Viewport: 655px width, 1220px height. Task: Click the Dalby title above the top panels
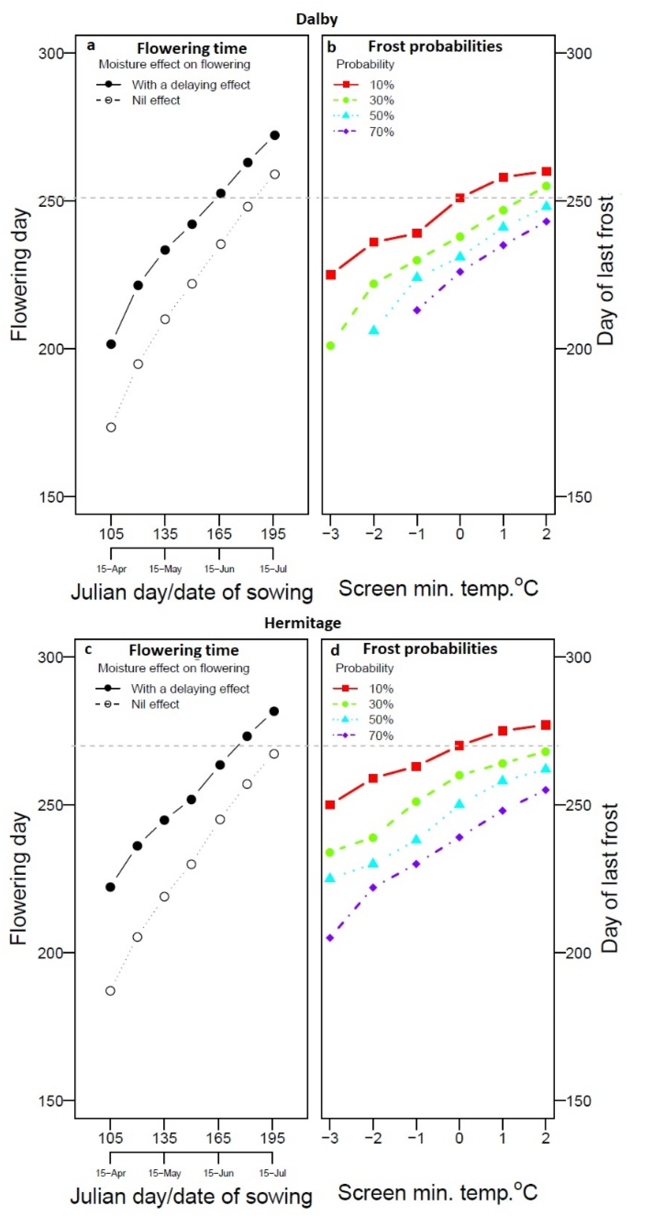coord(317,19)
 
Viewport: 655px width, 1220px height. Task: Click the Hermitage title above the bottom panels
coord(302,622)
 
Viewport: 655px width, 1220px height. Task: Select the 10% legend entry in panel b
coord(364,85)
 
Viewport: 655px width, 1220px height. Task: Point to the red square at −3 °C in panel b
coord(331,275)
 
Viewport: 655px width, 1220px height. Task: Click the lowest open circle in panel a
coord(111,427)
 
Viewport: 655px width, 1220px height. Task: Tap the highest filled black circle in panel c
coord(274,711)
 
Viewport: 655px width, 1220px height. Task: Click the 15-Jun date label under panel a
coord(219,569)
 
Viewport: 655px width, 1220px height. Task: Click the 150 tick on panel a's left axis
coord(51,497)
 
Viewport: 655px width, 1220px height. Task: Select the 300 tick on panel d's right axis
coord(578,657)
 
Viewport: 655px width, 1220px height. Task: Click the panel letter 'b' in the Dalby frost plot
coord(332,47)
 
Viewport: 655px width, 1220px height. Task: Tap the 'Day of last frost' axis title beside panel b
coord(605,270)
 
